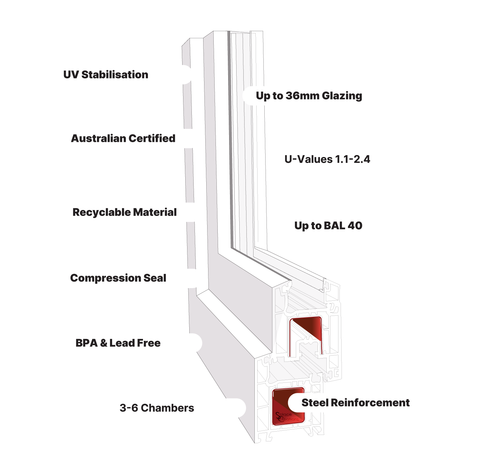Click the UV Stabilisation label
[x=106, y=75]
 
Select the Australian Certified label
[x=123, y=138]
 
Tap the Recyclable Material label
[x=124, y=212]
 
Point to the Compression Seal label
[x=118, y=278]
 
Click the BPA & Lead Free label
[x=118, y=343]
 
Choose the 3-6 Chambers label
[x=157, y=408]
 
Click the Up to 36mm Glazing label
[x=309, y=96]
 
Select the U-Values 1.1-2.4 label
[x=327, y=159]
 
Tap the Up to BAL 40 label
[x=328, y=226]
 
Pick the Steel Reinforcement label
[x=355, y=403]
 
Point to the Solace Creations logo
[x=287, y=417]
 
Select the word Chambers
[x=167, y=408]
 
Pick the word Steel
[x=315, y=403]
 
